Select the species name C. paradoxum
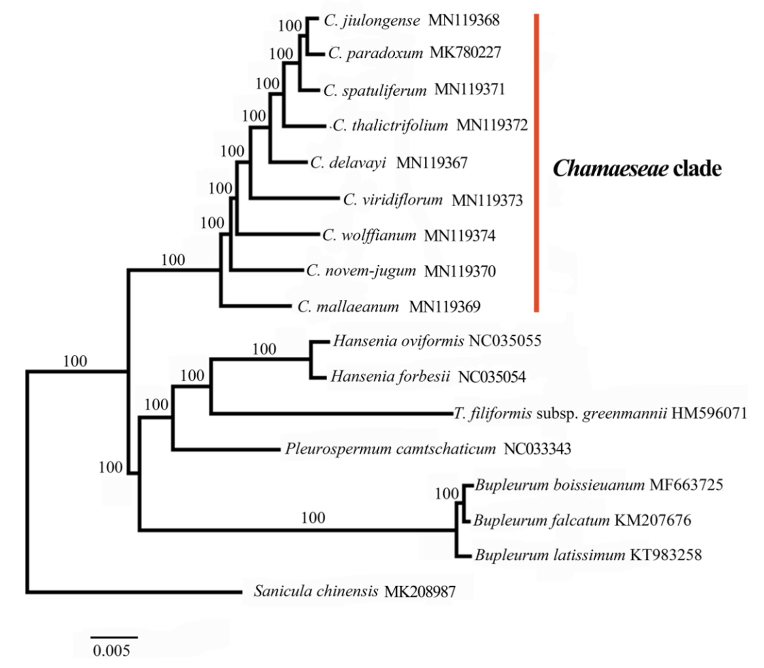375,53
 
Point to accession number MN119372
492,126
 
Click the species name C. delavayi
348,163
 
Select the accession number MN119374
460,236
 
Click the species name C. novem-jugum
361,271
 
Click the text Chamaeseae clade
637,169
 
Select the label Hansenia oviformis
398,341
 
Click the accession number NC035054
492,377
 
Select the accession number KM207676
652,520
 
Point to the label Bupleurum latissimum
550,555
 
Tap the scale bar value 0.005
111,651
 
